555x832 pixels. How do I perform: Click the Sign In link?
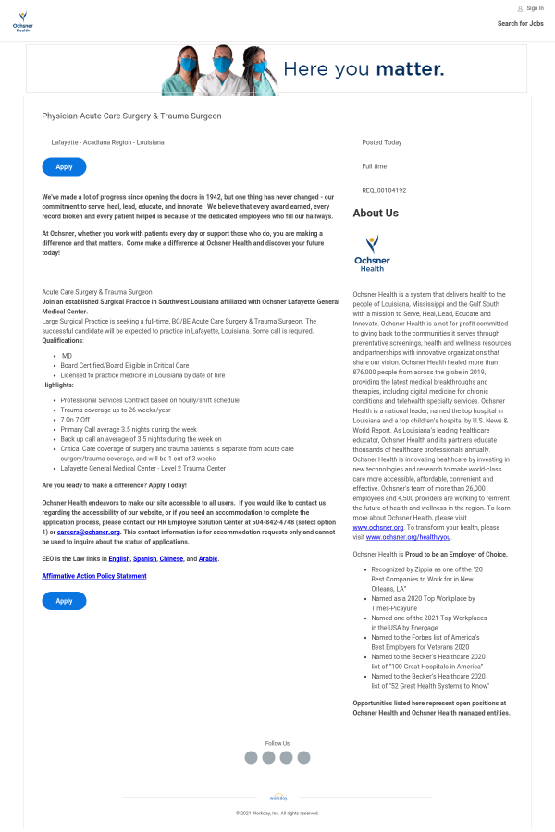pyautogui.click(x=530, y=8)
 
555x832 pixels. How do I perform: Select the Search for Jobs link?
pyautogui.click(x=520, y=24)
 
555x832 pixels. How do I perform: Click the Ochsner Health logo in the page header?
pyautogui.click(x=23, y=22)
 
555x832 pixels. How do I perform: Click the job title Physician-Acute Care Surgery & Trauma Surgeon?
pyautogui.click(x=131, y=116)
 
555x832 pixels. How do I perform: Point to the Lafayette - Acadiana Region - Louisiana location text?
pyautogui.click(x=107, y=142)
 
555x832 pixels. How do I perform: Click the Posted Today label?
pyautogui.click(x=382, y=142)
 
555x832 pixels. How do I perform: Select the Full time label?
pyautogui.click(x=375, y=166)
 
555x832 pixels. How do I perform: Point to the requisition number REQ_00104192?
pyautogui.click(x=384, y=190)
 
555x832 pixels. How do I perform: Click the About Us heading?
pyautogui.click(x=376, y=214)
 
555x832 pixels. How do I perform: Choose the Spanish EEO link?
pyautogui.click(x=145, y=558)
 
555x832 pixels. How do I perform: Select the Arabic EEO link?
pyautogui.click(x=208, y=558)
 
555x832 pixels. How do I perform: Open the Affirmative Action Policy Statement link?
pyautogui.click(x=93, y=576)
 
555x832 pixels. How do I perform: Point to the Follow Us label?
pyautogui.click(x=277, y=743)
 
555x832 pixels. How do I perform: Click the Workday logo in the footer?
pyautogui.click(x=277, y=796)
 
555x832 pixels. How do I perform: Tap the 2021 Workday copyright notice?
pyautogui.click(x=277, y=813)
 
